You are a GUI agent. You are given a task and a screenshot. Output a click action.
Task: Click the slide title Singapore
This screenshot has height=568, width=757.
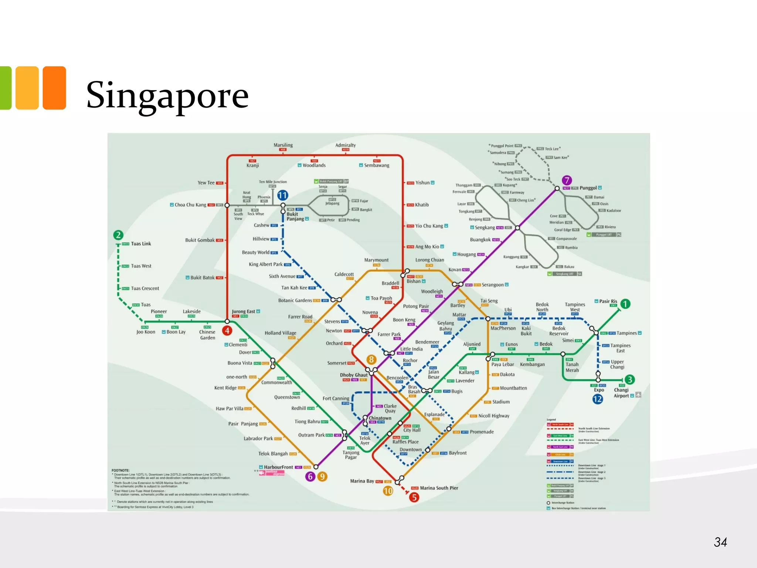pyautogui.click(x=167, y=95)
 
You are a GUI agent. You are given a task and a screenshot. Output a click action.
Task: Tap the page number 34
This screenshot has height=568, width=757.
pyautogui.click(x=720, y=542)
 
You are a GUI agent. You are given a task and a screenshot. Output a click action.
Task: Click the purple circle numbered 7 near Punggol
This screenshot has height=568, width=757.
pyautogui.click(x=567, y=180)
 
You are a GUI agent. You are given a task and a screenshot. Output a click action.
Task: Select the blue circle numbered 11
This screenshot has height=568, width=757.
pyautogui.click(x=282, y=195)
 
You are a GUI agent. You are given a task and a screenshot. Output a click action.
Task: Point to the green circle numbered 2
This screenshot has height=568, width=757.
pyautogui.click(x=118, y=235)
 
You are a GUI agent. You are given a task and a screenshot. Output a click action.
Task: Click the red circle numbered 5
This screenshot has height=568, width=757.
pyautogui.click(x=414, y=497)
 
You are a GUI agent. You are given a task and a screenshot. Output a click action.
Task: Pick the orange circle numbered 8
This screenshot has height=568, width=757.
pyautogui.click(x=371, y=359)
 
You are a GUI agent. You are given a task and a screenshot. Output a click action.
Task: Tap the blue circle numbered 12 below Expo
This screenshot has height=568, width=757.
pyautogui.click(x=597, y=399)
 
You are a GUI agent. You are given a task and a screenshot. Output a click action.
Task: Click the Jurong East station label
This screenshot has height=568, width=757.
pyautogui.click(x=244, y=311)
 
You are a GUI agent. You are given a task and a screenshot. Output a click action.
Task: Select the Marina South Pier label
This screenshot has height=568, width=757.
pyautogui.click(x=439, y=488)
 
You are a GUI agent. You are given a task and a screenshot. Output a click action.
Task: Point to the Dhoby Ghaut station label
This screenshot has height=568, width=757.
pyautogui.click(x=354, y=375)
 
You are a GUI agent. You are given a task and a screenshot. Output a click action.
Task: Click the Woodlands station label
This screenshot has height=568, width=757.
pyautogui.click(x=314, y=165)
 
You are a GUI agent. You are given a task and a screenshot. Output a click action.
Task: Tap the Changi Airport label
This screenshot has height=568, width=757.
pyautogui.click(x=621, y=393)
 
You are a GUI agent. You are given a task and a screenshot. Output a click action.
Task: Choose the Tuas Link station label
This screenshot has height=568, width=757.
pyautogui.click(x=141, y=244)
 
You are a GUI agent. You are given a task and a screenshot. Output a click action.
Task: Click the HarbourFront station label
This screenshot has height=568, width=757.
pyautogui.click(x=278, y=467)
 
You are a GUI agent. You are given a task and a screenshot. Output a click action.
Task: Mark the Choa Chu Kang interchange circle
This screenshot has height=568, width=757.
pyautogui.click(x=227, y=205)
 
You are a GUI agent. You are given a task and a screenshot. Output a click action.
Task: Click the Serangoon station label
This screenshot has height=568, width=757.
pyautogui.click(x=492, y=285)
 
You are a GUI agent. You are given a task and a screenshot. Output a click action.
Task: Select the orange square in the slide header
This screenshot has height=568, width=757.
pyautogui.click(x=54, y=88)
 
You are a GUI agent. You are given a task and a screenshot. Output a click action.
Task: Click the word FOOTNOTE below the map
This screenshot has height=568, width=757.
pyautogui.click(x=120, y=470)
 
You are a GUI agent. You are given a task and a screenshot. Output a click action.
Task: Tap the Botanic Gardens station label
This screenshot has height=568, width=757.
pyautogui.click(x=295, y=300)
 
